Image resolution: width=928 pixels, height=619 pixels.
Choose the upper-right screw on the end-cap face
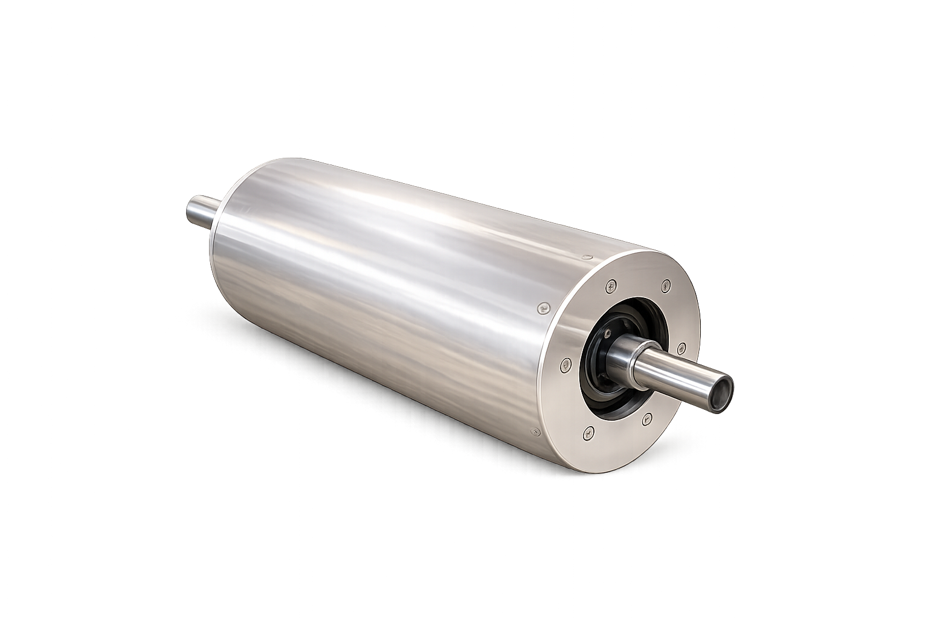[666, 284]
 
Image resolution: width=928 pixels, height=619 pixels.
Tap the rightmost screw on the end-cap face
[681, 347]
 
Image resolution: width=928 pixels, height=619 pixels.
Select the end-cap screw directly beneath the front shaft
[647, 417]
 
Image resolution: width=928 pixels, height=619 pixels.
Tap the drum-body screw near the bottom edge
[534, 432]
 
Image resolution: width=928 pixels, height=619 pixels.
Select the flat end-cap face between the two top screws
[639, 279]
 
